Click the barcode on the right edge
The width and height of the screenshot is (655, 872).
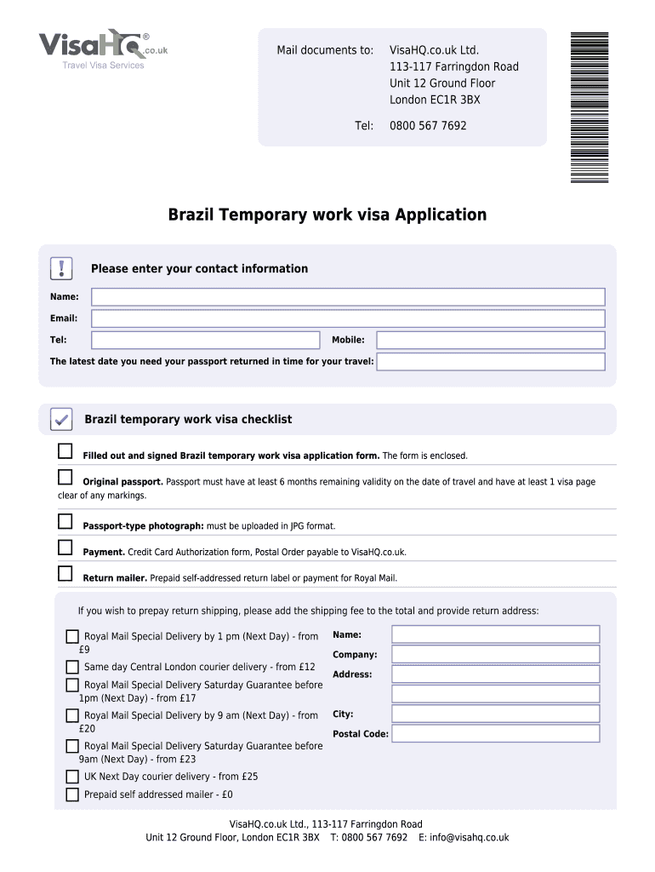[x=589, y=106]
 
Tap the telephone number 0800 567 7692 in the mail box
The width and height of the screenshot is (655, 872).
[x=428, y=125]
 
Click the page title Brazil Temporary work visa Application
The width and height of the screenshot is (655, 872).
[x=327, y=215]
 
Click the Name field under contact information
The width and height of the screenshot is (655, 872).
[x=348, y=297]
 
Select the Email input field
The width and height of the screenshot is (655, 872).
[x=348, y=318]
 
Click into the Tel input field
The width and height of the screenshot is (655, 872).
[x=205, y=340]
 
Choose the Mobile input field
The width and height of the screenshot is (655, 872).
[x=490, y=340]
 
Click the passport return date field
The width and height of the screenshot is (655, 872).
[x=490, y=362]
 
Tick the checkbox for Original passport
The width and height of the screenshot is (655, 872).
[x=65, y=477]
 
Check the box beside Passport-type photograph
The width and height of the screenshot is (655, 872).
[x=65, y=521]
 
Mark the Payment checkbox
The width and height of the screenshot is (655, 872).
[x=65, y=548]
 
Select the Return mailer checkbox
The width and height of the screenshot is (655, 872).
[x=65, y=574]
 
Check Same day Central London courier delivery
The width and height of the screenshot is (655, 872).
[x=72, y=667]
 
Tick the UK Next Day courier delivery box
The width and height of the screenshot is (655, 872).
[x=72, y=777]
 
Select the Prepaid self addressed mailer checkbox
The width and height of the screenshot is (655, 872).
[x=72, y=795]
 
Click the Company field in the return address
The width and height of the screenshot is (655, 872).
[x=495, y=654]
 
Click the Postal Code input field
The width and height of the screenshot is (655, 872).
[x=495, y=733]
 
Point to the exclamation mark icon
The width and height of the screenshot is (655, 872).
[x=62, y=268]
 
